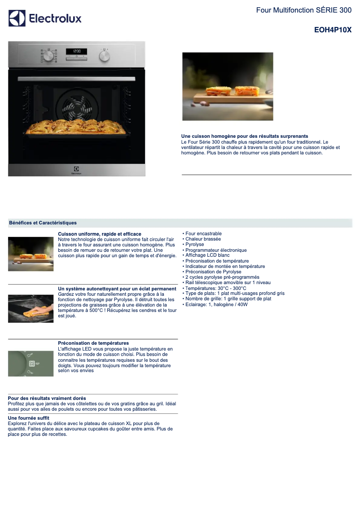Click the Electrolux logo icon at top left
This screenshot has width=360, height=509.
pyautogui.click(x=17, y=18)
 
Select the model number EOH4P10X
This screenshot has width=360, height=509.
pyautogui.click(x=333, y=30)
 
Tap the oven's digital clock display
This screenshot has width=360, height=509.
pyautogui.click(x=77, y=51)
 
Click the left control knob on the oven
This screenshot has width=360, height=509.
pyautogui.click(x=48, y=56)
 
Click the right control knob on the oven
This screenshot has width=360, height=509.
pyautogui.click(x=105, y=56)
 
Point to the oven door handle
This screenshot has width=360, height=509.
pyautogui.click(x=77, y=79)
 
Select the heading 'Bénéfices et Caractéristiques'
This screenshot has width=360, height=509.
pyautogui.click(x=43, y=223)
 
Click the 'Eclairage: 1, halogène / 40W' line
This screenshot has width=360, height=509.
pyautogui.click(x=215, y=304)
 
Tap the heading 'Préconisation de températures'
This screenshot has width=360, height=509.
pyautogui.click(x=93, y=343)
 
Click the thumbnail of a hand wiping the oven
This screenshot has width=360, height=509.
pyautogui.click(x=31, y=309)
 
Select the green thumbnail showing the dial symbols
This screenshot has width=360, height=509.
pyautogui.click(x=31, y=364)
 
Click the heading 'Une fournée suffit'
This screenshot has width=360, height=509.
pyautogui.click(x=29, y=418)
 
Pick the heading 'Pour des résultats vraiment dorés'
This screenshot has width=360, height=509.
pyautogui.click(x=47, y=398)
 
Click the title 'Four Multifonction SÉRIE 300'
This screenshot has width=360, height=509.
pyautogui.click(x=304, y=10)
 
